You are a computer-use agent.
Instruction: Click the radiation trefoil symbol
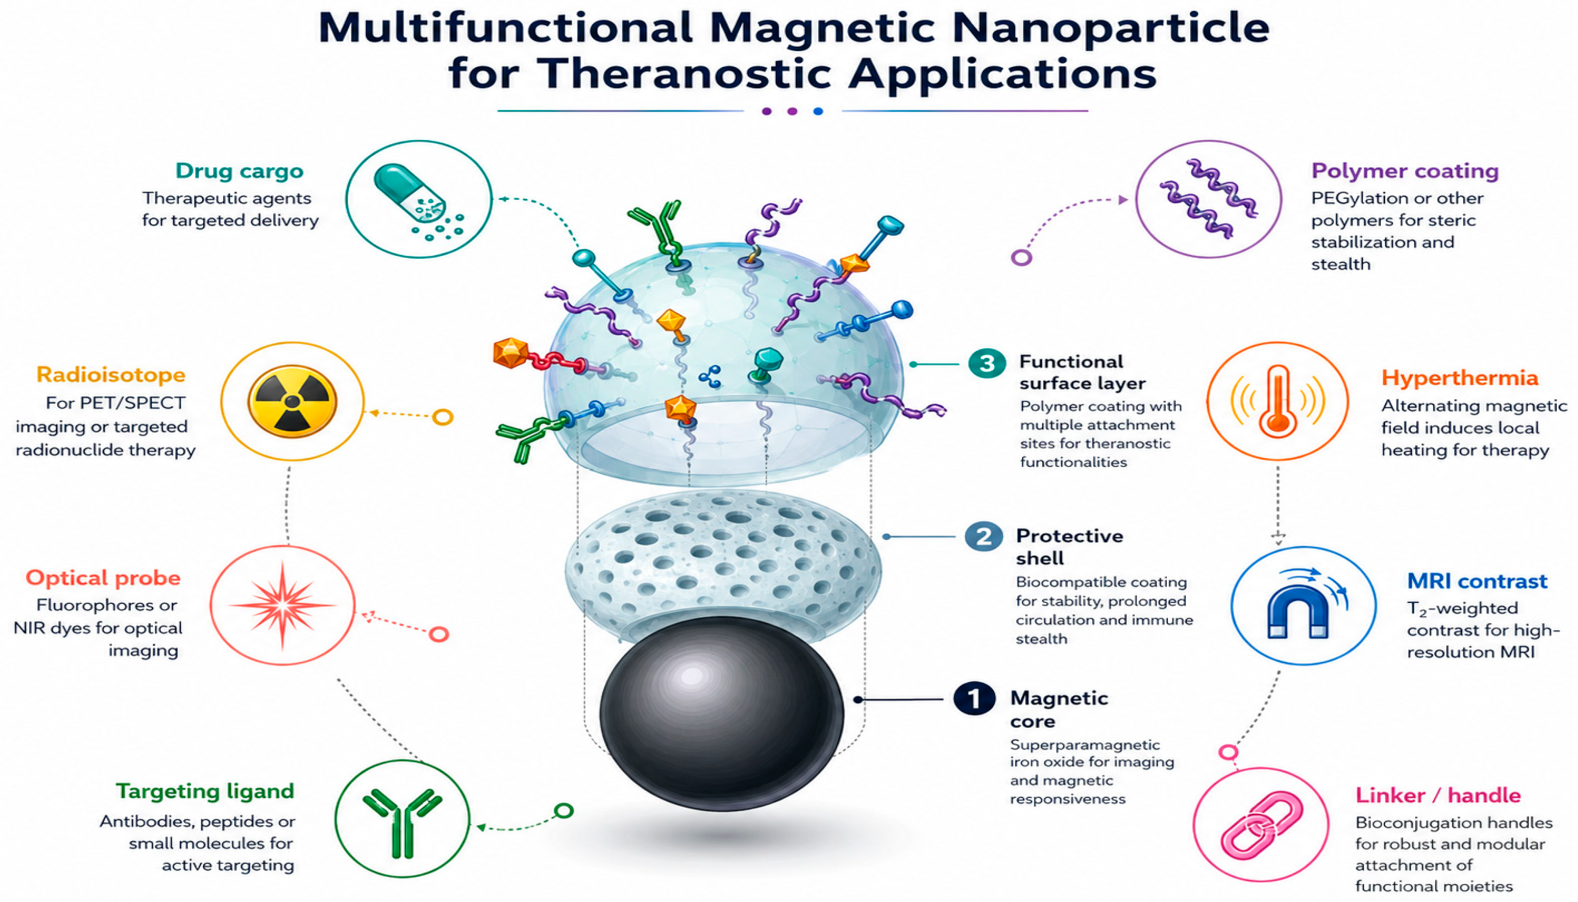click(292, 401)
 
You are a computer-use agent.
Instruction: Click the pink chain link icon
click(1262, 825)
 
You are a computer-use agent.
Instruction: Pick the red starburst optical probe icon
click(283, 605)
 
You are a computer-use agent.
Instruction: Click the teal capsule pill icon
click(410, 193)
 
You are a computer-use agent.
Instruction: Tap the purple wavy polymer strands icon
click(1209, 198)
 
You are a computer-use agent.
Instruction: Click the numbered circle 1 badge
click(974, 699)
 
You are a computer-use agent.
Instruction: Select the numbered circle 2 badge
click(984, 537)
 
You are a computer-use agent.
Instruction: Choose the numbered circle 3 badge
click(988, 364)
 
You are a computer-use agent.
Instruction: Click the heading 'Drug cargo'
click(239, 171)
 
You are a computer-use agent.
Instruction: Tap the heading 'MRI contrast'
click(1477, 581)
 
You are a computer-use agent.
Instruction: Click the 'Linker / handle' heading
click(1438, 795)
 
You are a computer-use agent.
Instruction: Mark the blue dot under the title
click(818, 112)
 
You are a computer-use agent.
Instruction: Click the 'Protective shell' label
click(1069, 546)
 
